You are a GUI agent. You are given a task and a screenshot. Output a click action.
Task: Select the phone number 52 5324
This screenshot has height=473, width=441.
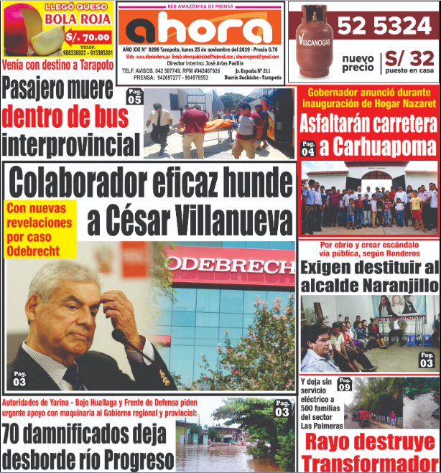(384, 27)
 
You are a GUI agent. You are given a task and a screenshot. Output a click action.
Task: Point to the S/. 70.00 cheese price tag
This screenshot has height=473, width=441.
(88, 37)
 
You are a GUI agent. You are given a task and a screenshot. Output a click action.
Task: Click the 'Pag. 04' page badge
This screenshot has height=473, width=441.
(307, 149)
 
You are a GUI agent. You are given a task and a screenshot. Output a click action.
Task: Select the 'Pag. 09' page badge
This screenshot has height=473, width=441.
(344, 384)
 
